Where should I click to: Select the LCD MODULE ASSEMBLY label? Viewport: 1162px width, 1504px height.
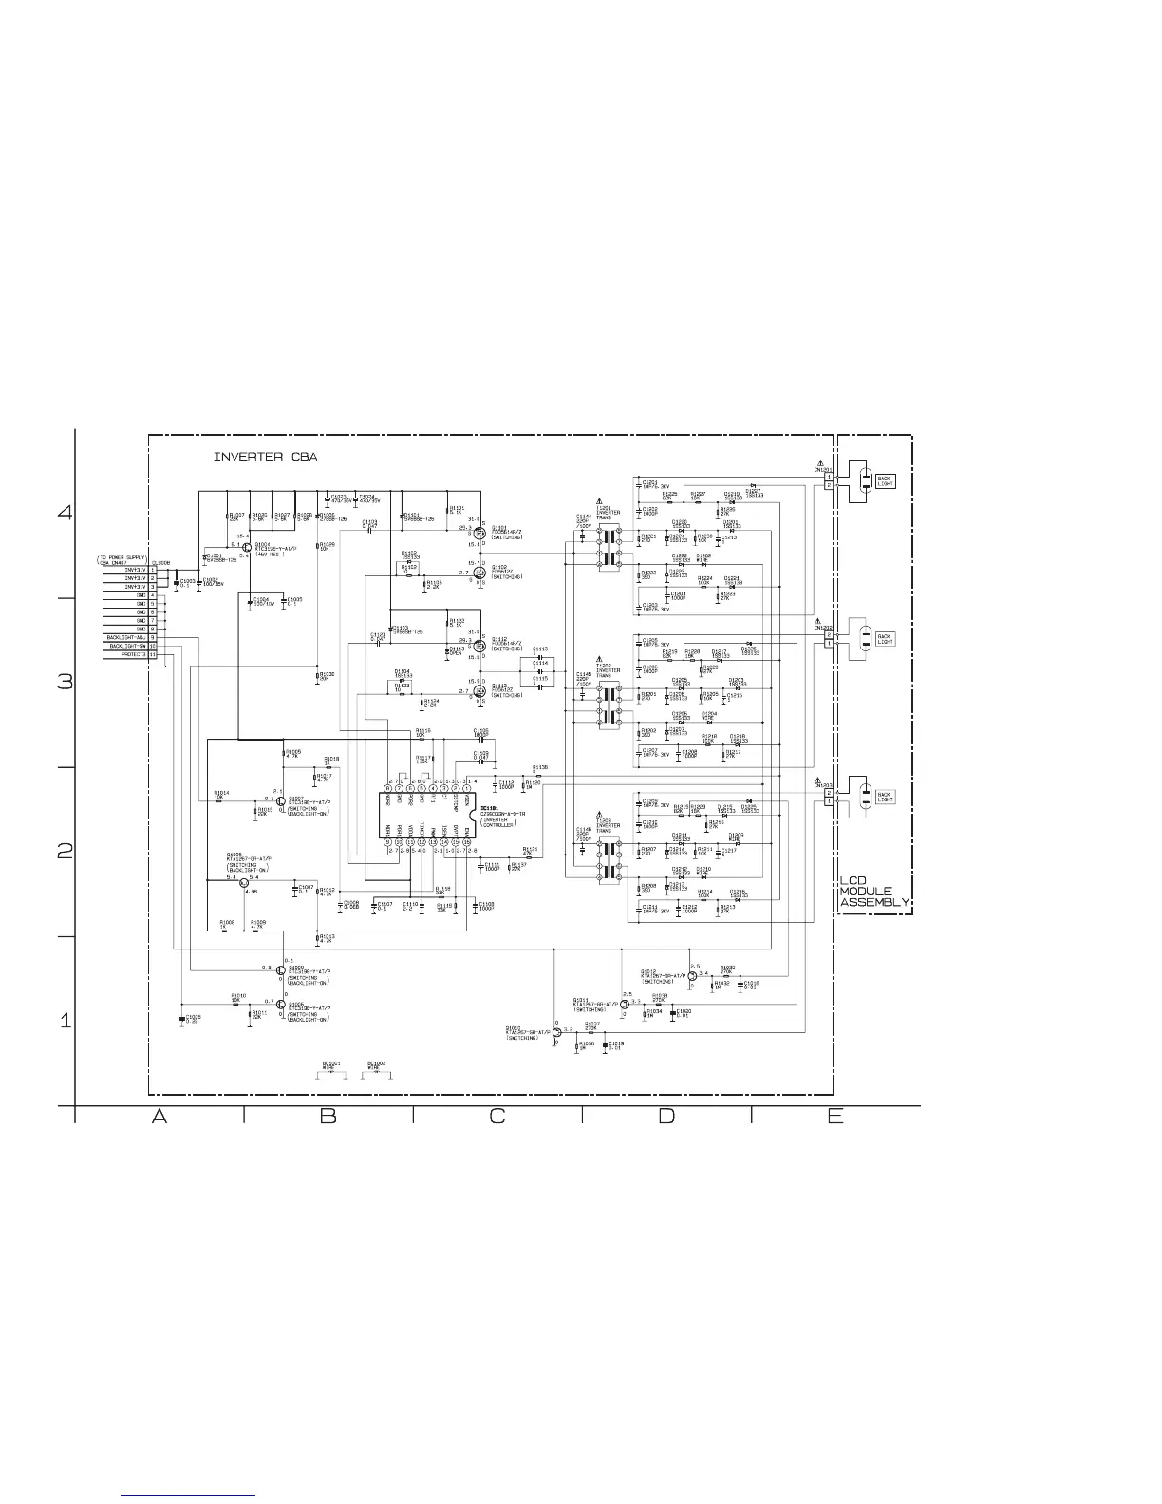tap(874, 892)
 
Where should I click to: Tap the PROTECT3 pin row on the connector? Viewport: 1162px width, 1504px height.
tap(129, 655)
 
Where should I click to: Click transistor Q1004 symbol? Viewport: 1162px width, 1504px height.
tap(247, 549)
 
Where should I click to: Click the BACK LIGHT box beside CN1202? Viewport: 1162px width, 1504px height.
tap(885, 639)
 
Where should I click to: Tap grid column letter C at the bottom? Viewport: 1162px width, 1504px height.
tap(497, 1117)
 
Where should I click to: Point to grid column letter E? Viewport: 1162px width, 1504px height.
tap(834, 1117)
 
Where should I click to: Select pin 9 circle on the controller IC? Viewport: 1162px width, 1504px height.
tap(387, 842)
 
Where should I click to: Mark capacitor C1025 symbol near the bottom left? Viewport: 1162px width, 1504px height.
tap(181, 1018)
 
